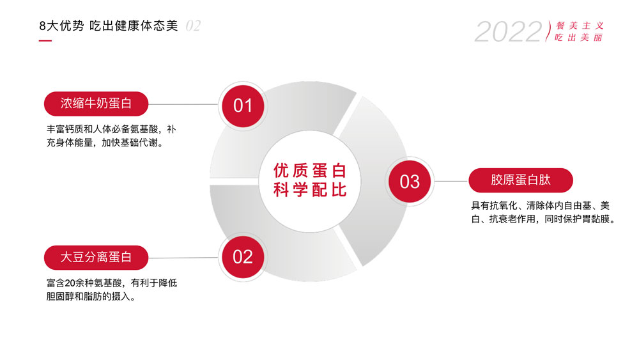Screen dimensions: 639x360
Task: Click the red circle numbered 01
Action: [x=243, y=106]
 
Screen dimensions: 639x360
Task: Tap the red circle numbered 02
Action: [x=243, y=257]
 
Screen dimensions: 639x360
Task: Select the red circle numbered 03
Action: [x=410, y=182]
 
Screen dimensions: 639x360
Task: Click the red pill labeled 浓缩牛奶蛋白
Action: [x=96, y=104]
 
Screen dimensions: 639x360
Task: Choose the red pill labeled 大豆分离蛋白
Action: [x=96, y=257]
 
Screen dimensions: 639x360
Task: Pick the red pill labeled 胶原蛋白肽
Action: [x=521, y=180]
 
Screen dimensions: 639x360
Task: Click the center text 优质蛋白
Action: [x=310, y=171]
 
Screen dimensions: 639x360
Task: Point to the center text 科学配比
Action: [x=310, y=190]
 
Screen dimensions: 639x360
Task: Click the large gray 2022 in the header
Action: [x=508, y=32]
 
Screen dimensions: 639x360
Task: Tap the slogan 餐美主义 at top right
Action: [x=580, y=26]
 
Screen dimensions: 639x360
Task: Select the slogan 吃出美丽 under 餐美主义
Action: [x=578, y=38]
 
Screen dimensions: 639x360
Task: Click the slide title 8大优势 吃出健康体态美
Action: [x=109, y=26]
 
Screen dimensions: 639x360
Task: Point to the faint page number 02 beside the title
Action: [x=193, y=26]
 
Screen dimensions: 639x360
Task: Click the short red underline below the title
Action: [x=45, y=40]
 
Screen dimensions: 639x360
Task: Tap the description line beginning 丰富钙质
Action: [x=111, y=129]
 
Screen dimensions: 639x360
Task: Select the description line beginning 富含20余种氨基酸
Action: [x=112, y=283]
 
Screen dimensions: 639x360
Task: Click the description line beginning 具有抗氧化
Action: [x=541, y=205]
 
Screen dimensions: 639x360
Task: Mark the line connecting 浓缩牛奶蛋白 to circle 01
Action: [x=183, y=104]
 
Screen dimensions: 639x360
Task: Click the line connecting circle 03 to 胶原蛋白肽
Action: [x=451, y=181]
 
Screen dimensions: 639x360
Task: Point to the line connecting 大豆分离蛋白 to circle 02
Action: [x=183, y=258]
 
